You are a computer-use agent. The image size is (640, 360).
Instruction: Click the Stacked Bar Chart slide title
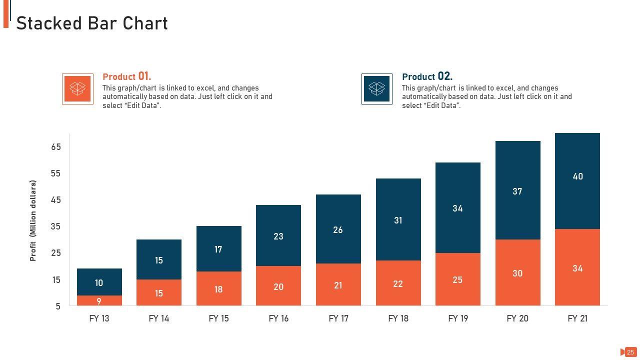(92, 23)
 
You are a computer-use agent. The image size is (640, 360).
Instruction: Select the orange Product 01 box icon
(77, 89)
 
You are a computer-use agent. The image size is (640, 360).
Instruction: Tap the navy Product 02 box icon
(376, 89)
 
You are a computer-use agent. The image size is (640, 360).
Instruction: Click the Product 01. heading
(126, 76)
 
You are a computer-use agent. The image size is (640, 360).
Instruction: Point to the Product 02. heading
(427, 76)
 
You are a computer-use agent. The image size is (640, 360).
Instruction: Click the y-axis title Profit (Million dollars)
(33, 220)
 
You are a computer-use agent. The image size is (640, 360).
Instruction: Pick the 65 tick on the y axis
(55, 147)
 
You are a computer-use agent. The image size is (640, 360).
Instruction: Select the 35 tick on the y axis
(55, 226)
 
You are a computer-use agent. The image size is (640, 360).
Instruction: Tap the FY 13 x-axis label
(99, 318)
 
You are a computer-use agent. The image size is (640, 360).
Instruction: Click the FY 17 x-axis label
(338, 318)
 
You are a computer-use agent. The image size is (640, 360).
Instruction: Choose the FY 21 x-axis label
(577, 318)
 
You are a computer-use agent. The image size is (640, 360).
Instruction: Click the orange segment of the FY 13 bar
(99, 301)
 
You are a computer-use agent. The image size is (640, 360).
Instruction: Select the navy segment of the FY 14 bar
(159, 259)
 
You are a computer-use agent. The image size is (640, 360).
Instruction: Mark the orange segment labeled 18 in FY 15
(218, 289)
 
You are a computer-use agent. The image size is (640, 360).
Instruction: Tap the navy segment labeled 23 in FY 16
(278, 235)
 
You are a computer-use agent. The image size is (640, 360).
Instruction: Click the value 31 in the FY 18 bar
(398, 220)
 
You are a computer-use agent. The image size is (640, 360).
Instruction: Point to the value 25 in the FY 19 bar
(457, 280)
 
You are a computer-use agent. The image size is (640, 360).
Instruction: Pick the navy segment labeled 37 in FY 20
(517, 190)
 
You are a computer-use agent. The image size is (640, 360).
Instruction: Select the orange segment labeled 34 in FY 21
(577, 268)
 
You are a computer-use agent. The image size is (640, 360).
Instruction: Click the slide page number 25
(630, 352)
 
